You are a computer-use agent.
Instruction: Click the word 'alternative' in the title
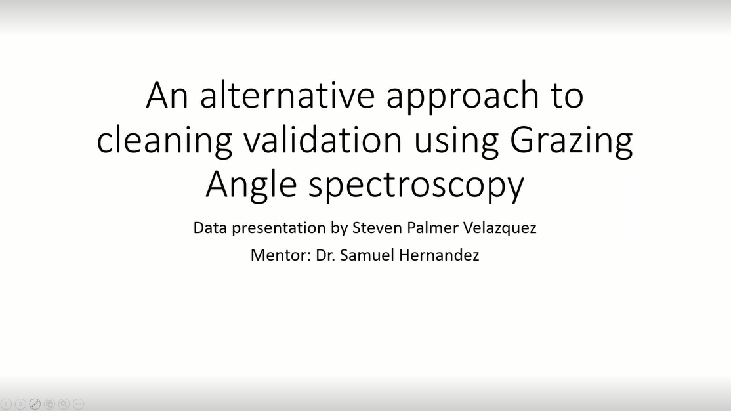tap(287, 95)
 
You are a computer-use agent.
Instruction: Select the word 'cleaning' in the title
tap(165, 140)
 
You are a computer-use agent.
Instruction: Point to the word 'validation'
tap(323, 139)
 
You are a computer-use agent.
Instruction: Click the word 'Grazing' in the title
tap(571, 140)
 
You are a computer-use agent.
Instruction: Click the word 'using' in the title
tap(456, 142)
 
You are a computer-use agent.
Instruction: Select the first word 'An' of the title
tap(167, 95)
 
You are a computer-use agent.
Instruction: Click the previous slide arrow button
tap(6, 404)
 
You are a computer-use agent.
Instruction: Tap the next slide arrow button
tap(20, 404)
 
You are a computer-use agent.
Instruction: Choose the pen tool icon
tap(35, 404)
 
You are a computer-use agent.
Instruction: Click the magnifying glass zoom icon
tap(64, 404)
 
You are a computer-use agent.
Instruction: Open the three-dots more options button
tap(79, 404)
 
